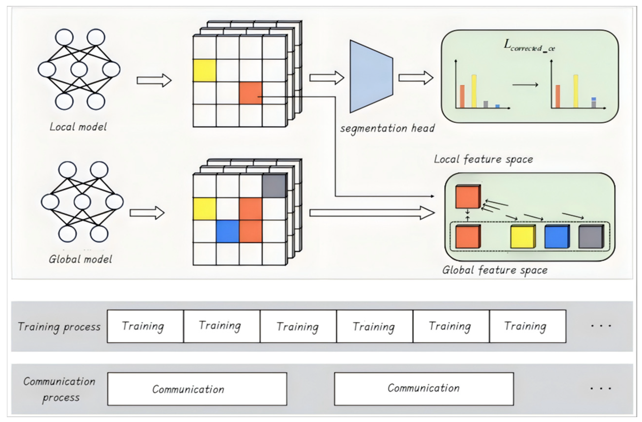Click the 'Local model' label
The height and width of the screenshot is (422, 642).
click(78, 127)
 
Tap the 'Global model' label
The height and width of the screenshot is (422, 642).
click(80, 259)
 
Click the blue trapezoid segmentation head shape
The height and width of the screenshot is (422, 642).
click(371, 76)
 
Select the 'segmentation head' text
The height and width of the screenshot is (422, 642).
click(387, 128)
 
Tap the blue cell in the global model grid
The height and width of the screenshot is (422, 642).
click(227, 231)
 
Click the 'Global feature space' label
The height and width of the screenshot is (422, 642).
click(495, 270)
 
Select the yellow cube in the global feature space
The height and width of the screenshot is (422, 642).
click(523, 237)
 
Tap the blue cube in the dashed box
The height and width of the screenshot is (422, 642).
click(557, 237)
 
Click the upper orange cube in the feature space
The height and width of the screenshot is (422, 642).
click(468, 197)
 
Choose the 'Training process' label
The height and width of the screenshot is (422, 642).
click(59, 327)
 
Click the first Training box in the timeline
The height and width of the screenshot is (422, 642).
click(145, 326)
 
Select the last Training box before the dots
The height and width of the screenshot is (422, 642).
click(527, 326)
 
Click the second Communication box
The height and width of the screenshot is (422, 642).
click(424, 388)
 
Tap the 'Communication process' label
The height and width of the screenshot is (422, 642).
click(59, 389)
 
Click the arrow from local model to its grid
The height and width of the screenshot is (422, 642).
click(154, 80)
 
